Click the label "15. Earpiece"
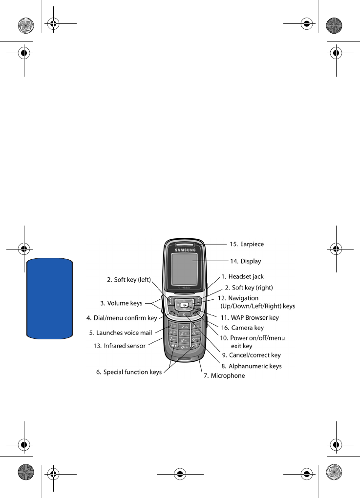[x=247, y=244]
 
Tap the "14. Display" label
[x=245, y=261]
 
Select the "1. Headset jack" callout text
[x=242, y=277]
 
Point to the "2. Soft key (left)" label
[x=129, y=280]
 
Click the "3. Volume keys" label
[x=121, y=303]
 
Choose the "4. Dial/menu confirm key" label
[x=122, y=318]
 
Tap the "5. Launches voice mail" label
[x=121, y=333]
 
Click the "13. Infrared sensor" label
[x=119, y=346]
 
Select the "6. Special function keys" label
[x=129, y=372]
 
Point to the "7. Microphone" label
[x=224, y=375]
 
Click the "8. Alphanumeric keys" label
[x=251, y=366]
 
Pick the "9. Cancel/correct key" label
[x=251, y=355]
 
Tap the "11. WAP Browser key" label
[x=249, y=318]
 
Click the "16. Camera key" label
[x=242, y=328]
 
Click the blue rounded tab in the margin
[x=50, y=299]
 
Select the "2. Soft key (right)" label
[x=249, y=288]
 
